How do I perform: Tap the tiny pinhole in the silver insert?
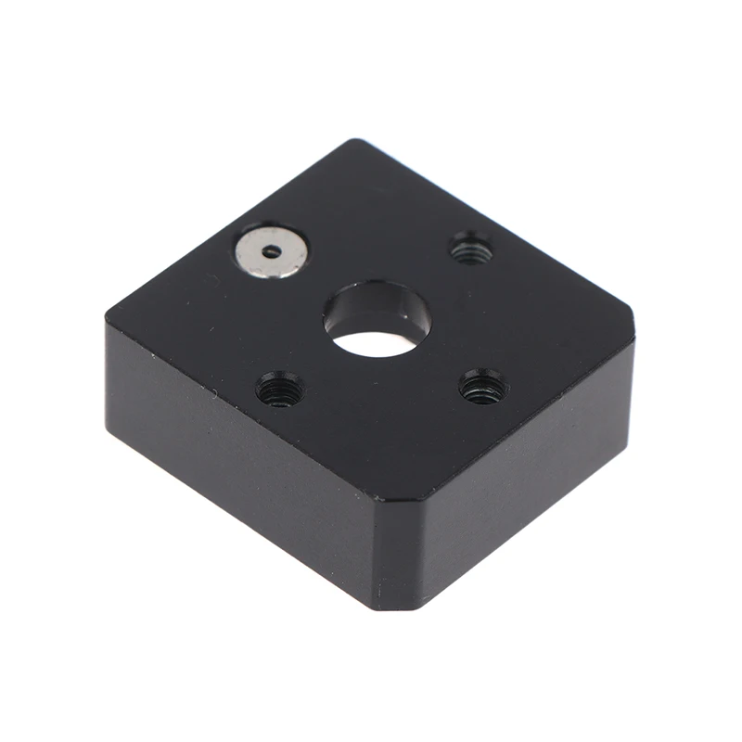271,249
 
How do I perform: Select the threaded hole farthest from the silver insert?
483,385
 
